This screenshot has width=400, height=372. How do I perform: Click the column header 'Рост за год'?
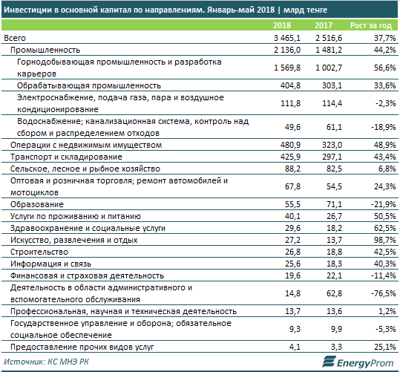[x=370, y=25]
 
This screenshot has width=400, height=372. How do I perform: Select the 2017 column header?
[x=324, y=25]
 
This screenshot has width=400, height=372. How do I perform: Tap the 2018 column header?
[x=282, y=25]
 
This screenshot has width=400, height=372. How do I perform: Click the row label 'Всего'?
[x=15, y=38]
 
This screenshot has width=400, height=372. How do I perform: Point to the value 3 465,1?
[x=287, y=38]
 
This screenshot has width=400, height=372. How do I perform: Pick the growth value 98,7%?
[x=384, y=240]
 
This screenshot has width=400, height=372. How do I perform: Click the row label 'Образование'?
[x=37, y=204]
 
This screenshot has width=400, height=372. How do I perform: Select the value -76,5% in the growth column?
[x=383, y=293]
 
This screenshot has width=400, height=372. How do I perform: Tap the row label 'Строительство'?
[x=39, y=252]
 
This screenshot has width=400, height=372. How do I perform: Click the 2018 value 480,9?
[x=290, y=145]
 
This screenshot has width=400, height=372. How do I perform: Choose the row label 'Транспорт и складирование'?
[x=66, y=157]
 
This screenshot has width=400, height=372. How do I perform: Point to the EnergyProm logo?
[x=358, y=362]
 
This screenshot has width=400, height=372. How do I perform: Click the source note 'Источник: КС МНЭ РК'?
[x=47, y=362]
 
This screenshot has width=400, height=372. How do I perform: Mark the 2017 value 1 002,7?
[x=329, y=68]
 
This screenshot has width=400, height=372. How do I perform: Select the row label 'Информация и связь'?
[x=50, y=264]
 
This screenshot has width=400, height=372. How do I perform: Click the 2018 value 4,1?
[x=295, y=347]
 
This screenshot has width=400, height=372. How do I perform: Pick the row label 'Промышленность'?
[x=45, y=50]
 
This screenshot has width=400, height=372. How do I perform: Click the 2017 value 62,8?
[x=334, y=293]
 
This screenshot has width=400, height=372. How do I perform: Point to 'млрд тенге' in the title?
[x=305, y=10]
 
